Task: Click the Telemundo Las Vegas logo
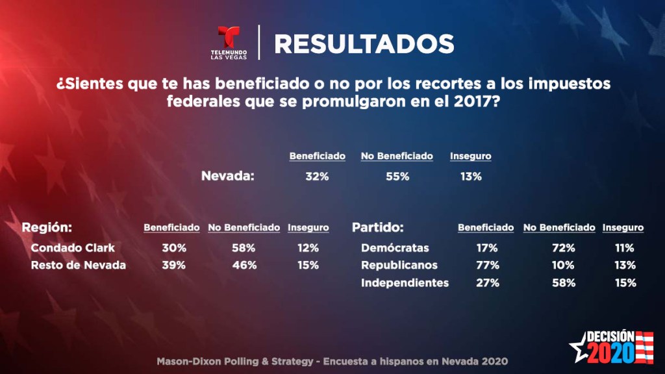[x=228, y=43]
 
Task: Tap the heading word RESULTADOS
[x=364, y=44]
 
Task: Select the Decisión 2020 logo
[x=610, y=347]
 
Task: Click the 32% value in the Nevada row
[x=316, y=176]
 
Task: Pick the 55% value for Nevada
[x=397, y=176]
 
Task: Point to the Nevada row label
[x=228, y=176]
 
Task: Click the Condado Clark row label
[x=73, y=248]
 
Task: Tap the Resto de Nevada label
[x=78, y=265]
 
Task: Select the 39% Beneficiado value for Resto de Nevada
[x=174, y=265]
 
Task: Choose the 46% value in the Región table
[x=244, y=265]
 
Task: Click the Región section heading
[x=46, y=228]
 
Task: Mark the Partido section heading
[x=378, y=228]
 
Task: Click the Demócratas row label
[x=395, y=248]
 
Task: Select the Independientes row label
[x=405, y=282]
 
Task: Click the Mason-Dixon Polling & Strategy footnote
[x=332, y=361]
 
